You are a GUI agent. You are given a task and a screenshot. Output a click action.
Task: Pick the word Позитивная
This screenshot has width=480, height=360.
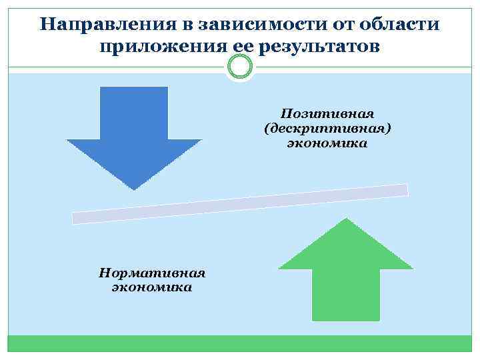326,113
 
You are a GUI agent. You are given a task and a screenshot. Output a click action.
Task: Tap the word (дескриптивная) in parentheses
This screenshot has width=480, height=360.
326,127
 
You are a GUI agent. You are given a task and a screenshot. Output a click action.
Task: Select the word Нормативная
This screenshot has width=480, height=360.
151,273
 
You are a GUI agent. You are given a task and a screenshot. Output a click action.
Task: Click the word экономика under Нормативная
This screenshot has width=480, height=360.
151,287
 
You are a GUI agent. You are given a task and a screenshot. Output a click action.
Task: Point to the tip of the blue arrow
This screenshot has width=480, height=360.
134,189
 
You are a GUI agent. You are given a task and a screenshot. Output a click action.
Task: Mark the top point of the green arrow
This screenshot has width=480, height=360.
345,219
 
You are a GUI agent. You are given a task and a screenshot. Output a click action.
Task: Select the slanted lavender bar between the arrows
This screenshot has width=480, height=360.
240,204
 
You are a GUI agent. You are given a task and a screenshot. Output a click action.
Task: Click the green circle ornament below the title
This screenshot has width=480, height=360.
239,67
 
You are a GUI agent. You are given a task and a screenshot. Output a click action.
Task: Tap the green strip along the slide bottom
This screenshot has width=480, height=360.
240,343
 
